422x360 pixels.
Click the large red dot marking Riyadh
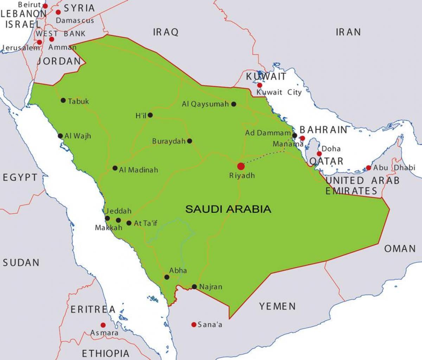(241, 166)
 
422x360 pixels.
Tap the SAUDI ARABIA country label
(228, 209)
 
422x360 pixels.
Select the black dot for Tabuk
(63, 100)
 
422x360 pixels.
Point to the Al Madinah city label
(139, 170)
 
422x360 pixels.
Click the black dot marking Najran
(194, 286)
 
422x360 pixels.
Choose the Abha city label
(178, 271)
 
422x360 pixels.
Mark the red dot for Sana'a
(194, 324)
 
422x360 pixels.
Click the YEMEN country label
(277, 306)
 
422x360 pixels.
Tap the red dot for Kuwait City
(260, 85)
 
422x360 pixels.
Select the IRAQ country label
(166, 32)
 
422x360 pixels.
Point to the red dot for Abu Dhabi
(368, 168)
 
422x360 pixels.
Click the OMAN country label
(400, 248)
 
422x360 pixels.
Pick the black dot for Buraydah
(190, 141)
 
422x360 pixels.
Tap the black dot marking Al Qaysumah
(234, 104)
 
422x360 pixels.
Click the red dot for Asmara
(103, 325)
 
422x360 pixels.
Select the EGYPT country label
(20, 177)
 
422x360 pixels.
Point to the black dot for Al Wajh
(60, 136)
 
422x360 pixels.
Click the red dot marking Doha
(319, 154)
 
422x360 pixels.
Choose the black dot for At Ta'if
(129, 223)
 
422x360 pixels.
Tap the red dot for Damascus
(58, 12)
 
